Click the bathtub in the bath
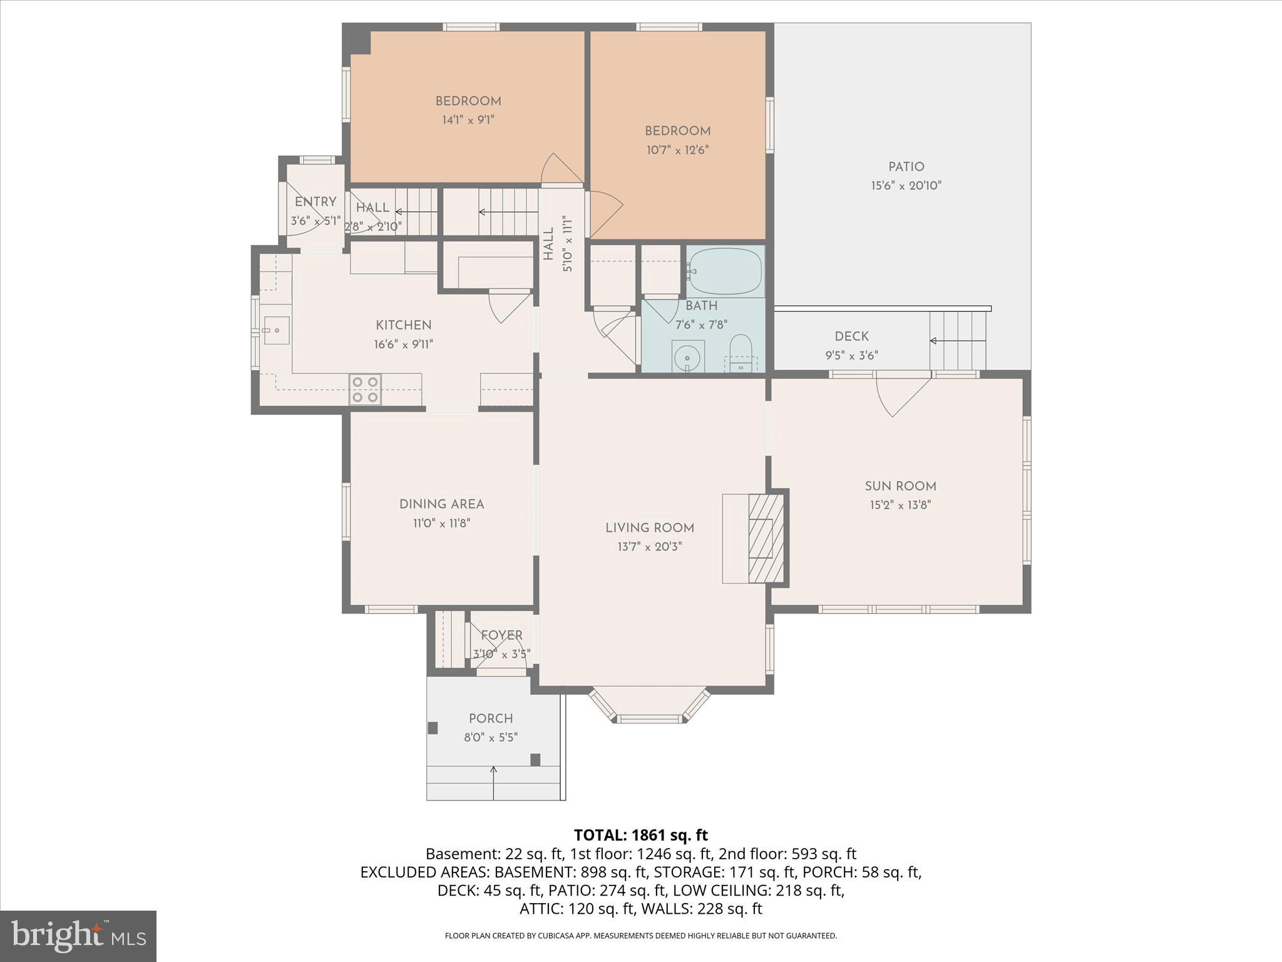pyautogui.click(x=726, y=272)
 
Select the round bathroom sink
pyautogui.click(x=688, y=357)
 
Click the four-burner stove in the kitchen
pyautogui.click(x=365, y=389)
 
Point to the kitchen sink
pyautogui.click(x=276, y=330)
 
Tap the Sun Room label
pyautogui.click(x=900, y=486)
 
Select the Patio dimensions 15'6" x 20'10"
pyautogui.click(x=906, y=186)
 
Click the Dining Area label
pyautogui.click(x=441, y=504)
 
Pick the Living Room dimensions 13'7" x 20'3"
pyautogui.click(x=649, y=547)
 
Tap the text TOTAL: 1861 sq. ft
pyautogui.click(x=640, y=835)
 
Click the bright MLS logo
pyautogui.click(x=78, y=936)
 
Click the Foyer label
pyautogui.click(x=501, y=635)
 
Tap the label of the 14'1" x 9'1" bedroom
pyautogui.click(x=468, y=101)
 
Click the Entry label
pyautogui.click(x=315, y=202)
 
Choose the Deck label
pyautogui.click(x=851, y=336)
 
